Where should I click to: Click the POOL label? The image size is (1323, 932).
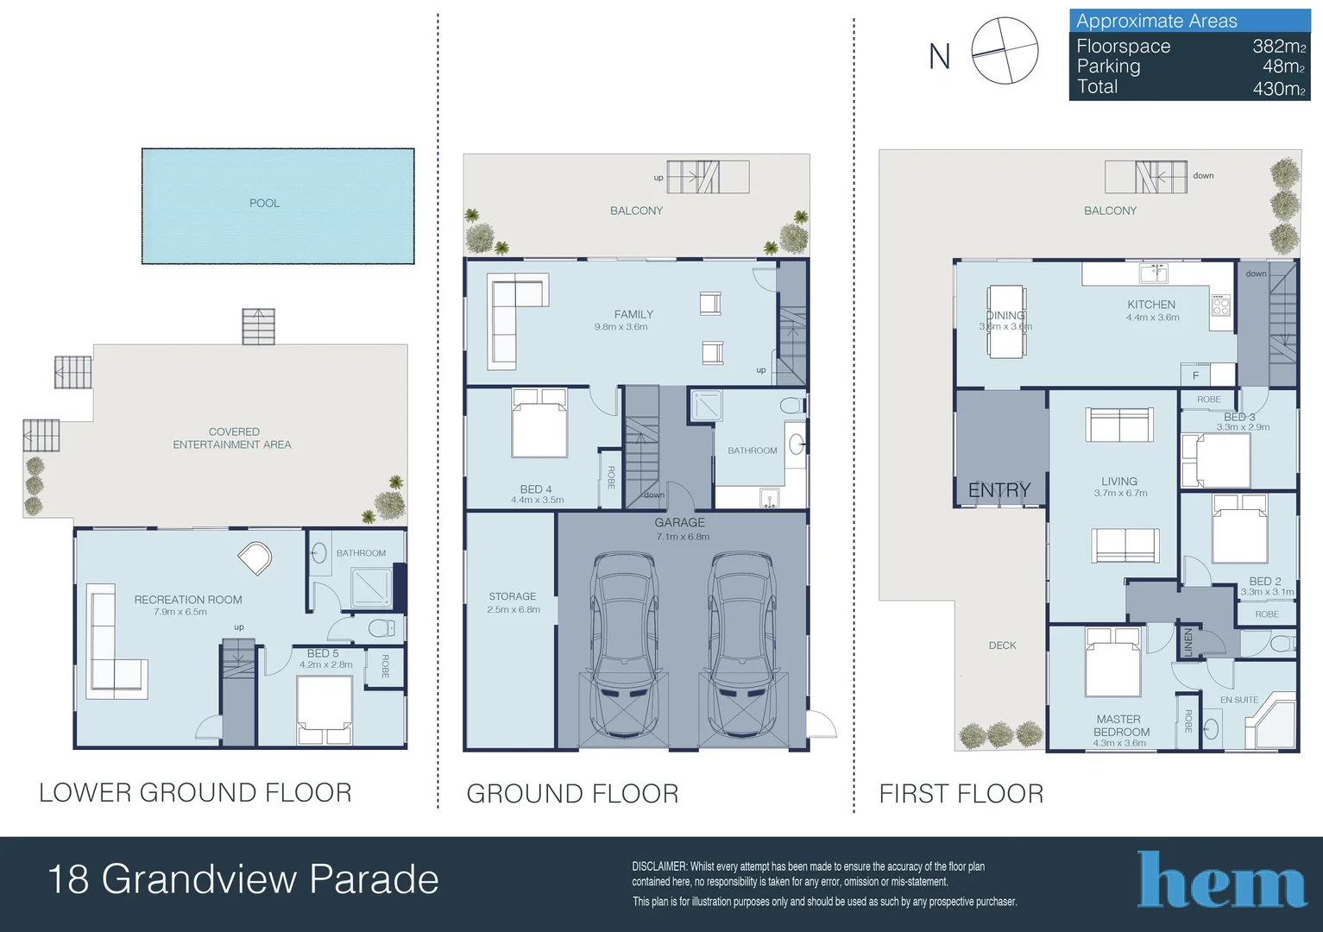click(264, 203)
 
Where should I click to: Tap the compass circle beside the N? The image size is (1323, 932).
click(1005, 51)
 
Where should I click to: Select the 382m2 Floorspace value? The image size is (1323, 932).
click(1278, 47)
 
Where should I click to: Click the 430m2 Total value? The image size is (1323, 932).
click(1278, 88)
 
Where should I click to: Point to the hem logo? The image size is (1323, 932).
click(1221, 880)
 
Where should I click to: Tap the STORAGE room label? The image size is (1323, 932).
click(512, 596)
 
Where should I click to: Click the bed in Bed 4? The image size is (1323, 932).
click(539, 423)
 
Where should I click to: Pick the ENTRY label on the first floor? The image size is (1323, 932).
click(999, 490)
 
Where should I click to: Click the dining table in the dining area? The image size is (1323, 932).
click(1006, 321)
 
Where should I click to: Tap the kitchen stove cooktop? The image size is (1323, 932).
click(1220, 305)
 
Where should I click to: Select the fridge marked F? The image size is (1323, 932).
click(1195, 375)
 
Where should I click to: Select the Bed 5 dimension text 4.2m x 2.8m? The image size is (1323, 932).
click(325, 664)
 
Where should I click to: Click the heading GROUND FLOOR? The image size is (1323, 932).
click(572, 793)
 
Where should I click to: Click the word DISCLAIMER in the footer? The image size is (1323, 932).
click(659, 866)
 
